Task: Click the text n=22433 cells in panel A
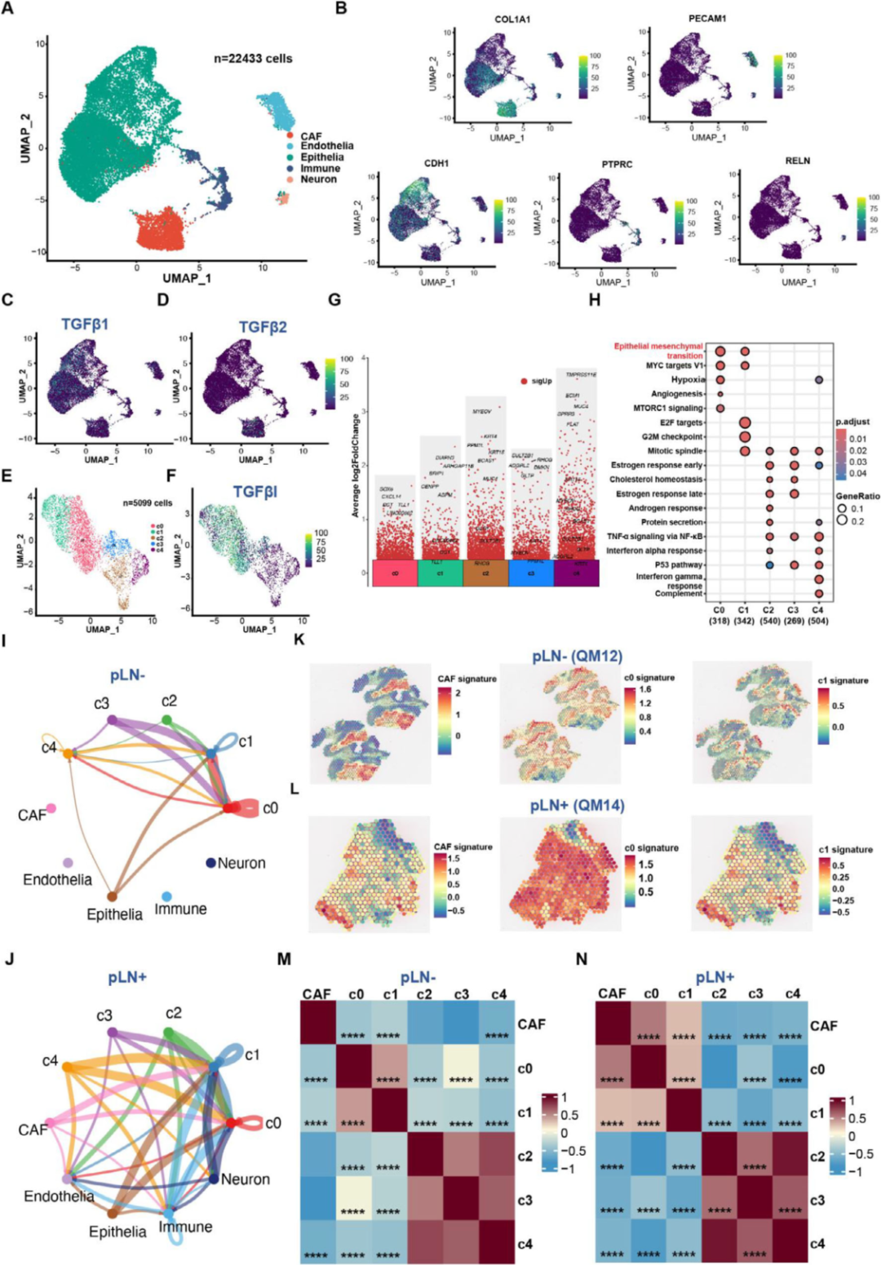(x=253, y=59)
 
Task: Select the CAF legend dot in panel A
(x=289, y=136)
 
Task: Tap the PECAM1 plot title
(x=706, y=19)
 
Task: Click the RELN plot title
(x=797, y=161)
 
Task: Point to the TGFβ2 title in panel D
(x=263, y=327)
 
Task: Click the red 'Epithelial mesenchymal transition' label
(x=658, y=351)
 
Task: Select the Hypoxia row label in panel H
(x=686, y=380)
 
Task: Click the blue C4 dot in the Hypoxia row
(x=818, y=380)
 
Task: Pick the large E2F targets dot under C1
(x=744, y=422)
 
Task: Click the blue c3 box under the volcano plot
(x=531, y=573)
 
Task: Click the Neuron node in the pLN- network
(x=210, y=862)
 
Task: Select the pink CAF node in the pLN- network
(x=51, y=807)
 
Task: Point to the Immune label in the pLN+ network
(x=185, y=1227)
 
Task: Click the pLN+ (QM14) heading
(x=577, y=806)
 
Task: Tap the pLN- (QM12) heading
(x=573, y=656)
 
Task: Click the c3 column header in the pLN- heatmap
(x=461, y=994)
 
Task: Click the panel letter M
(x=284, y=959)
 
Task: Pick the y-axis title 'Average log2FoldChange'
(x=356, y=465)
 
